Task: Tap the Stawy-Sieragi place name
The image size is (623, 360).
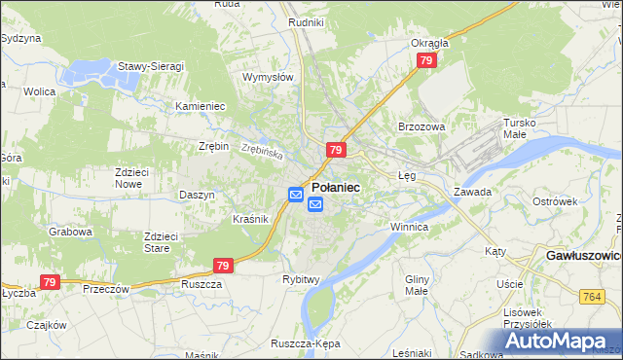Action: coord(151,65)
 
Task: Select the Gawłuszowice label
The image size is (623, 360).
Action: coord(578,255)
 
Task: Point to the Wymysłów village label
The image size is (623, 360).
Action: coord(268,77)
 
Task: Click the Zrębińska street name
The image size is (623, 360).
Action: coord(262,153)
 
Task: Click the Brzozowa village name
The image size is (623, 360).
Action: coord(421,126)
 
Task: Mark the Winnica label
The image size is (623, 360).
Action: coord(409,227)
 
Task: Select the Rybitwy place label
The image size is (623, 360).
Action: coord(301,279)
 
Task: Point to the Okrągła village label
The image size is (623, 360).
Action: coord(429,43)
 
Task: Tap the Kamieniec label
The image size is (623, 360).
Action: coord(200,105)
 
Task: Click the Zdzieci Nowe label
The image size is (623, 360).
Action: coord(131,177)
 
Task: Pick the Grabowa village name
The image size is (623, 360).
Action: coord(71,233)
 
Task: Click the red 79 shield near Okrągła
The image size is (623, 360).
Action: coord(425,60)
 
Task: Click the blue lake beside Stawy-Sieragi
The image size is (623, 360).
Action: coord(89,72)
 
